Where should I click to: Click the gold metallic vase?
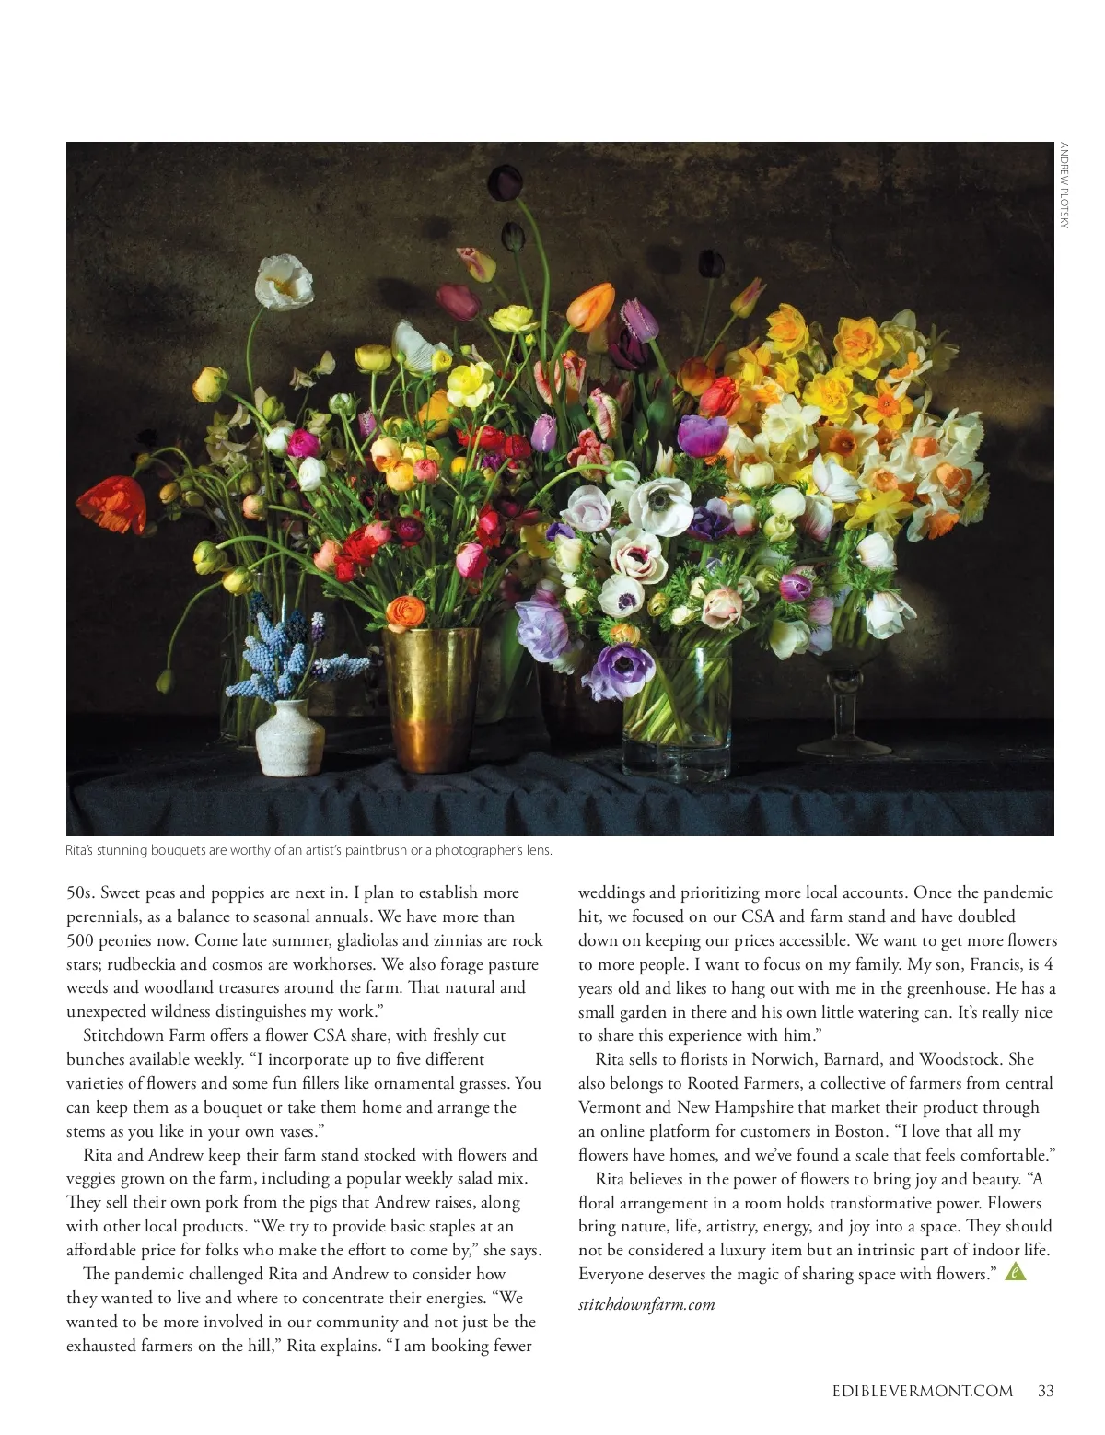[430, 700]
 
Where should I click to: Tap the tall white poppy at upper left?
[284, 281]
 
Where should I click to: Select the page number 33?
[1045, 1391]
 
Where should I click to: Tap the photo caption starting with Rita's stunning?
[308, 850]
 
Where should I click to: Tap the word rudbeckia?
[140, 964]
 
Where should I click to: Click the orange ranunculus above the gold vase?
[406, 612]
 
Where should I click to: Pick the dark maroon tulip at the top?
[505, 179]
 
